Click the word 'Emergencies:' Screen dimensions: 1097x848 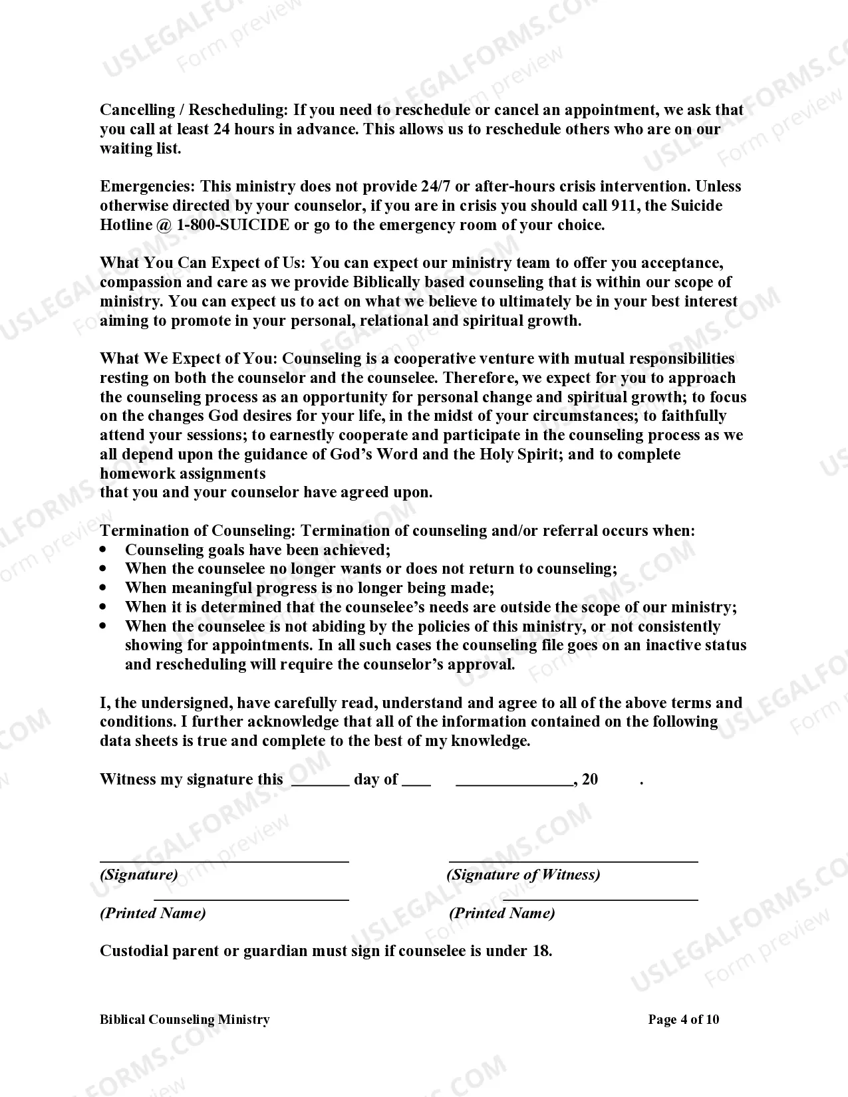[x=148, y=186]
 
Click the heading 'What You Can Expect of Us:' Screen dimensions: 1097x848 [x=203, y=263]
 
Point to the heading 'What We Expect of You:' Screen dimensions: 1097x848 [x=188, y=359]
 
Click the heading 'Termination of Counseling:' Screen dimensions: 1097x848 [x=198, y=531]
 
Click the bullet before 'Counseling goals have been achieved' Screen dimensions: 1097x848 [x=103, y=550]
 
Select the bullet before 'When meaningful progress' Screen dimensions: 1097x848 [x=103, y=588]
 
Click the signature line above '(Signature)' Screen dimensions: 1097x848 [x=224, y=862]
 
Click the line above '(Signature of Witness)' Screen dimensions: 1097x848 [x=573, y=862]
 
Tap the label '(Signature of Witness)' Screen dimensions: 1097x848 [x=523, y=875]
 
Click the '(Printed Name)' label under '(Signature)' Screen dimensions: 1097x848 [x=153, y=913]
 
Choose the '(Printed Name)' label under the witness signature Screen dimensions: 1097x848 [x=502, y=913]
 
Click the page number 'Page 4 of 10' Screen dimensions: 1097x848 [x=684, y=1019]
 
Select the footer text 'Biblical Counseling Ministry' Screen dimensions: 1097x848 [x=185, y=1019]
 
